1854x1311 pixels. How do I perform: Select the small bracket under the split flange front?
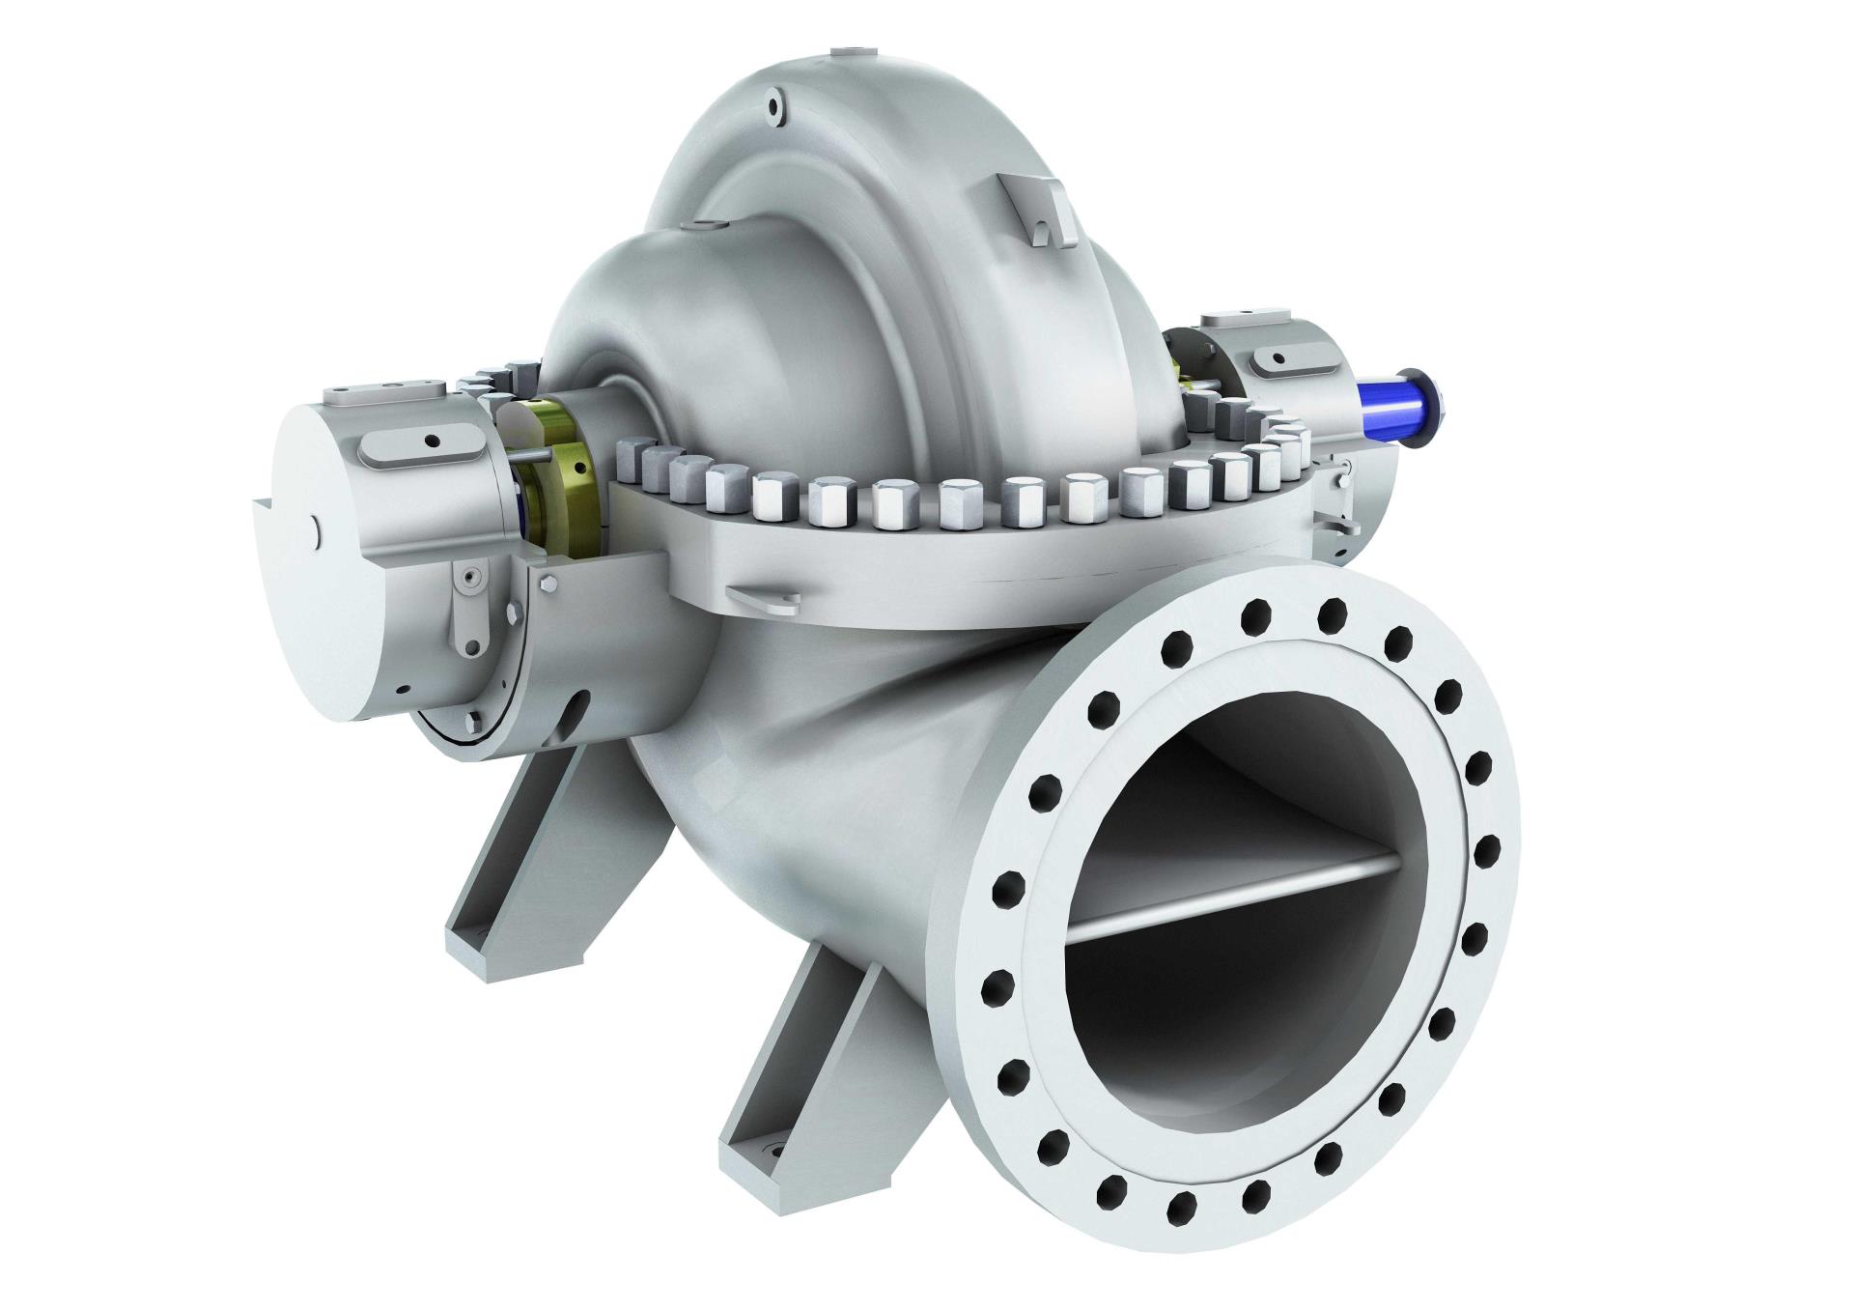coord(763,600)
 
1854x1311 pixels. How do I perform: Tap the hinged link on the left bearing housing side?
coord(469,604)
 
